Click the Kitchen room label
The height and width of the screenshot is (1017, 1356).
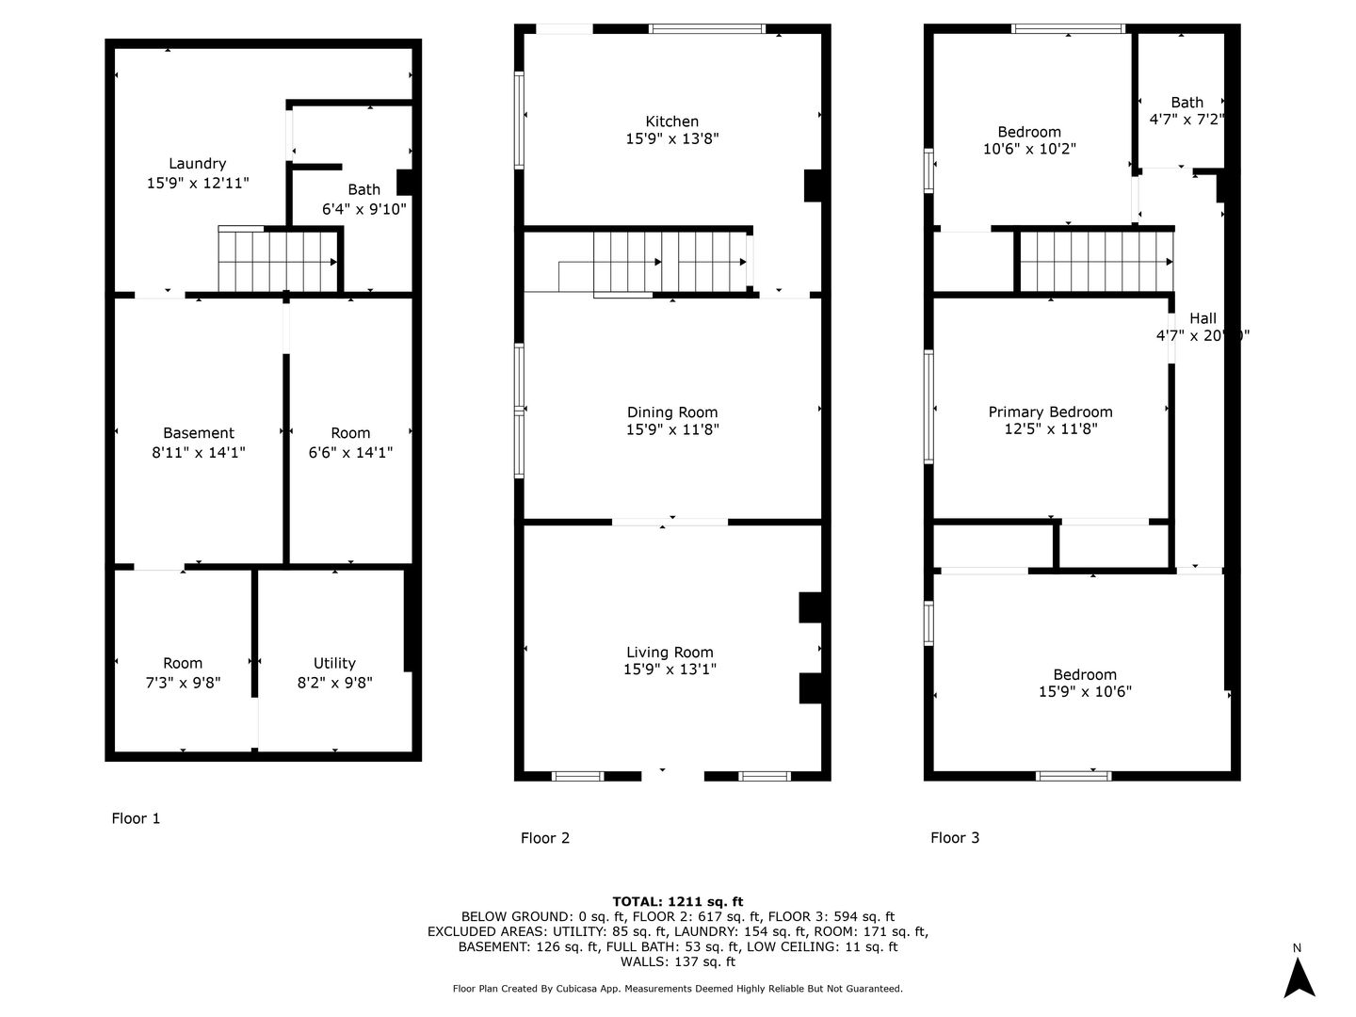[671, 121]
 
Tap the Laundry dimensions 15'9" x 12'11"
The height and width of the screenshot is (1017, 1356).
[198, 183]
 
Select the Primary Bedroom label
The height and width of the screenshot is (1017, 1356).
[1050, 412]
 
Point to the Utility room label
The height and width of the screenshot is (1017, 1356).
[334, 663]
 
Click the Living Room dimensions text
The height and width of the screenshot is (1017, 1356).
[670, 669]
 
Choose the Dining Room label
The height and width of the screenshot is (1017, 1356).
[672, 412]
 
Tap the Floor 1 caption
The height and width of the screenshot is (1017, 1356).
[136, 819]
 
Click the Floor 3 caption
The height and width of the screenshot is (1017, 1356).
[955, 838]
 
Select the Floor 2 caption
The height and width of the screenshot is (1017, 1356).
[545, 838]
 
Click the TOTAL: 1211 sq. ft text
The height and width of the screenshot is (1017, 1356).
[678, 901]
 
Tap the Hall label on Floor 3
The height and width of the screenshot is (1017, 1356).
[1203, 318]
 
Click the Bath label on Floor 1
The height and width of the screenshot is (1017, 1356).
[363, 189]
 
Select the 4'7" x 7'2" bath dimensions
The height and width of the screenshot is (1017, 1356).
[1186, 120]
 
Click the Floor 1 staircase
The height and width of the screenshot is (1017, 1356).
[278, 259]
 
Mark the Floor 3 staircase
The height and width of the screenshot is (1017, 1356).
[1096, 261]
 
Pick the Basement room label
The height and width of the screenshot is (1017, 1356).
[199, 433]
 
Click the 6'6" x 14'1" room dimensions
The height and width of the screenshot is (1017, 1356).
[350, 453]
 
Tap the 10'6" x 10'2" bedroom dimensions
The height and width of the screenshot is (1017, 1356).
[1029, 149]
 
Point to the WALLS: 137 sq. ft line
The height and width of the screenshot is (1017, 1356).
[678, 961]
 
